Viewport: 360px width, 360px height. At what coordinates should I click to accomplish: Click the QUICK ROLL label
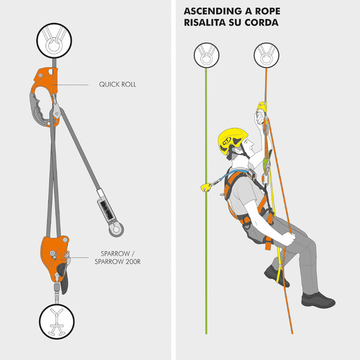pos(117,84)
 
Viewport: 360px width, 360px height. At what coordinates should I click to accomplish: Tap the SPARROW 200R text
pos(117,261)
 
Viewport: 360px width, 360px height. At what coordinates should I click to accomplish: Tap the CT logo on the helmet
pos(226,141)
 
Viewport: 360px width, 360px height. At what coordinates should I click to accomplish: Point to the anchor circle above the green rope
pos(206,55)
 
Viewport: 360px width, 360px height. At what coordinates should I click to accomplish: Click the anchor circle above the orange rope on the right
pos(266,55)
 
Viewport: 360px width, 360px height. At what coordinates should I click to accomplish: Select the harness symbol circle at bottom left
pos(57,321)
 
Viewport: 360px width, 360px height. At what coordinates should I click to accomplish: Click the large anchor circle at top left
pos(54,40)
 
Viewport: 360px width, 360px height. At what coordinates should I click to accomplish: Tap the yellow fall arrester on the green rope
pos(206,187)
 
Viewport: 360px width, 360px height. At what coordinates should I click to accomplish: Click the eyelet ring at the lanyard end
pos(116,229)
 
